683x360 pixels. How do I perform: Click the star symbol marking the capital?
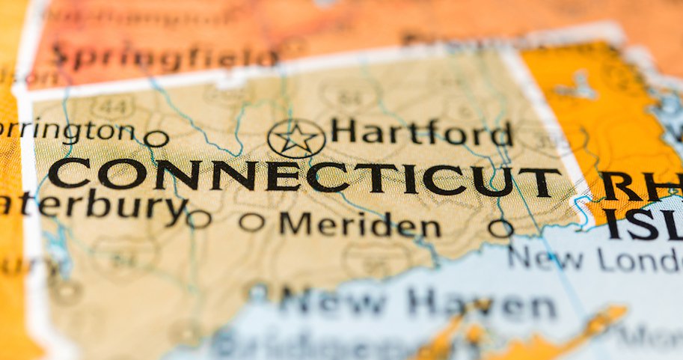(296, 138)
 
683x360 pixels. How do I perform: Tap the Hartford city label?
(421, 132)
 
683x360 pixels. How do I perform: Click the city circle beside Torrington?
(156, 138)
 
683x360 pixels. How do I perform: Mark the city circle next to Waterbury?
(198, 219)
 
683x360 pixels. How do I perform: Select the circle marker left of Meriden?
(252, 222)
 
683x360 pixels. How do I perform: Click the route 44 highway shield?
(114, 108)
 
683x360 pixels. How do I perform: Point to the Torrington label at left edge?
(67, 131)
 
